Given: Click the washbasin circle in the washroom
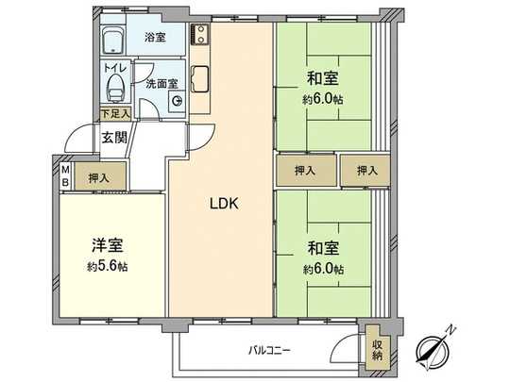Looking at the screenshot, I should point(177,103).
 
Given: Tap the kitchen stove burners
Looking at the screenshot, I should point(198,36).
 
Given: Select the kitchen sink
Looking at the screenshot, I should point(199,76).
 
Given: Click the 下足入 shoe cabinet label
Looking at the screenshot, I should point(116,114).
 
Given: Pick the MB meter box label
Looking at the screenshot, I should point(65,176).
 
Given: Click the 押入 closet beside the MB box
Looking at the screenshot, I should point(98,176).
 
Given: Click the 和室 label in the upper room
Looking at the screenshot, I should point(323,78).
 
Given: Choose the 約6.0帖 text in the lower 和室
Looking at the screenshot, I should point(323,269).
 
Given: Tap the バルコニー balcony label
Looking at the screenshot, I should point(270,350).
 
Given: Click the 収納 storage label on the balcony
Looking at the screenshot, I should point(377,349).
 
